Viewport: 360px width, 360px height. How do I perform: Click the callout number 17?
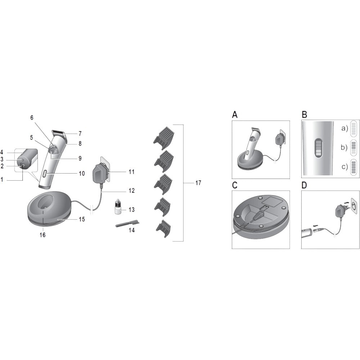(198, 183)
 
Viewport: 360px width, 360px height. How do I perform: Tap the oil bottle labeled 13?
(118, 207)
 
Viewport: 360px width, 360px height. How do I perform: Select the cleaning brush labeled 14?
(127, 224)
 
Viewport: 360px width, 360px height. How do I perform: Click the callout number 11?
(131, 172)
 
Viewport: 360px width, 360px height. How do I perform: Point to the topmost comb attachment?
(164, 135)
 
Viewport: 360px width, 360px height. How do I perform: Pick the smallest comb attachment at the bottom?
(163, 229)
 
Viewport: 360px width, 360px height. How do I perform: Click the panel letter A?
(235, 114)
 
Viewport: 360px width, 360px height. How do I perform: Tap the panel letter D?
(304, 185)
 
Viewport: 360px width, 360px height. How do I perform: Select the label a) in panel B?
(345, 129)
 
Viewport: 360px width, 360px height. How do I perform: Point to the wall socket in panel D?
(354, 206)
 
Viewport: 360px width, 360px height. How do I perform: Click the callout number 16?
(42, 235)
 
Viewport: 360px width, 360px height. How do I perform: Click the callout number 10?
(82, 174)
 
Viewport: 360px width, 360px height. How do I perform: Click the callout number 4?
(2, 152)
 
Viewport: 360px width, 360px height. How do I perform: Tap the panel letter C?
(235, 185)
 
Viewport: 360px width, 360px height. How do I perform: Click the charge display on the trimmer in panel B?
(318, 148)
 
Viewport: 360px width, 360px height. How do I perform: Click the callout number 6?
(32, 118)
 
